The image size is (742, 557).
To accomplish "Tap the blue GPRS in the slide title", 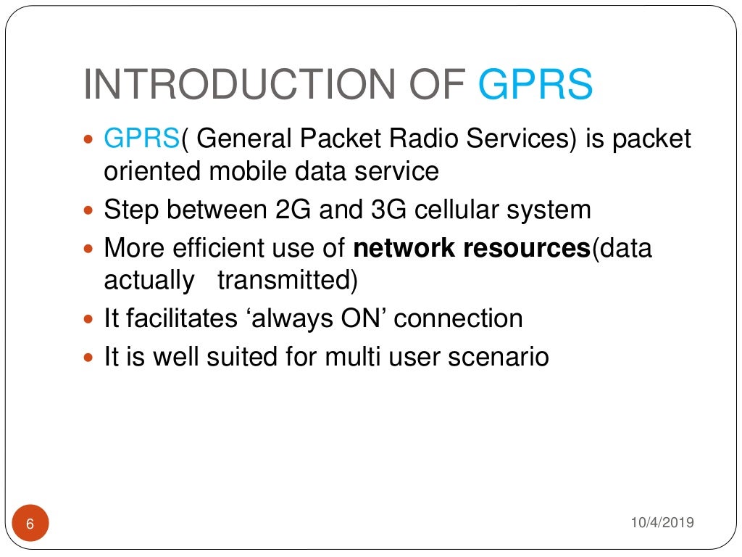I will tap(535, 85).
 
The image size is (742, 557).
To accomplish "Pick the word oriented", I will tap(153, 172).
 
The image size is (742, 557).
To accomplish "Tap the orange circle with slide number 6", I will tap(30, 524).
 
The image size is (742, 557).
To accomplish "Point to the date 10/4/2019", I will tap(662, 522).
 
